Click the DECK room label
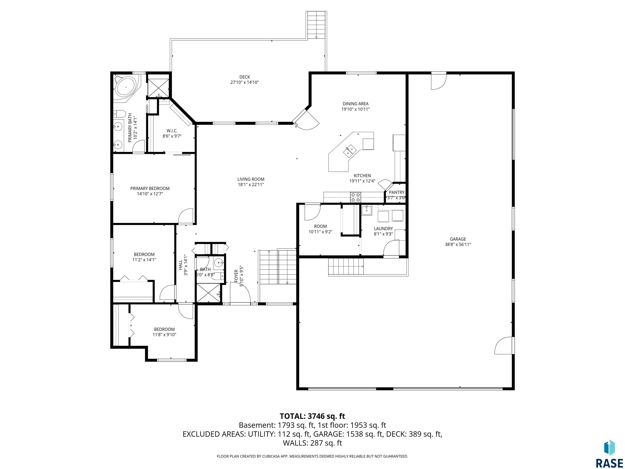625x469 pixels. coord(245,77)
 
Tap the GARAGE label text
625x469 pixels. coord(458,239)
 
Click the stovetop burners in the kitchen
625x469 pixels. coord(355,197)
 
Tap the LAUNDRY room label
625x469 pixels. coord(384,229)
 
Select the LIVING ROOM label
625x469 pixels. coord(251,179)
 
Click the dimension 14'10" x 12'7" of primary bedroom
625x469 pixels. coord(150,194)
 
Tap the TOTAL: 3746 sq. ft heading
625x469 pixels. coord(312,416)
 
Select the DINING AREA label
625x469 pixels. coord(356,104)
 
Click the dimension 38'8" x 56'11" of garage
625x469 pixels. coord(458,244)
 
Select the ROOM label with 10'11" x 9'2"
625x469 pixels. coord(320,226)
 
